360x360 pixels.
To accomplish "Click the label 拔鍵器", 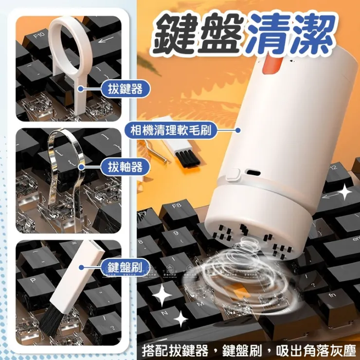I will [x=123, y=89].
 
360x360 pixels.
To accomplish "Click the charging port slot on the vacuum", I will [x=253, y=173].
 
